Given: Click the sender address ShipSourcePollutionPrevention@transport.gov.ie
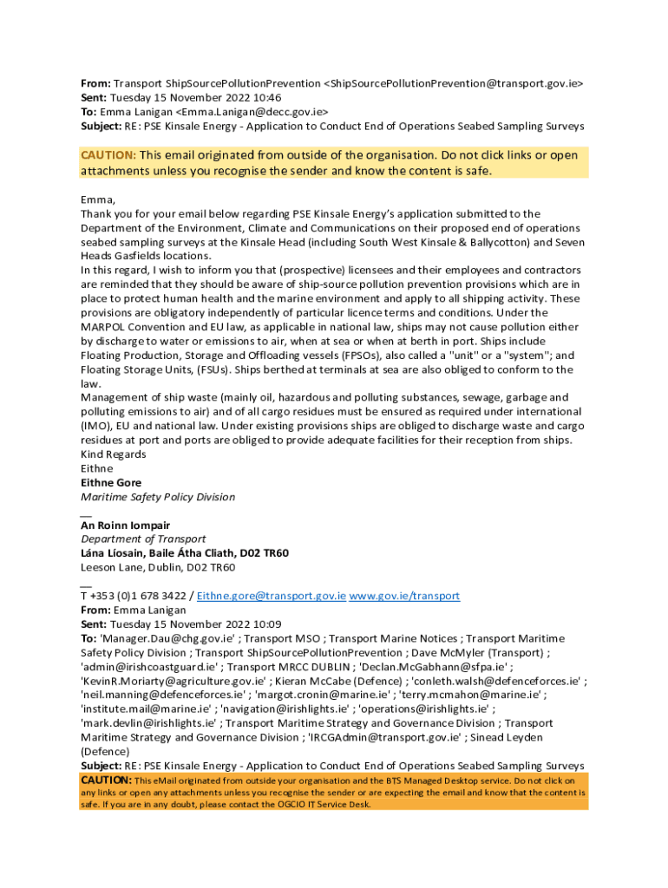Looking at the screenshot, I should click(x=453, y=84).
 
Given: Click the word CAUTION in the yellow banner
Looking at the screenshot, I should click(x=108, y=155).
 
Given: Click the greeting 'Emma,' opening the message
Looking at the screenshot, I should click(x=97, y=199).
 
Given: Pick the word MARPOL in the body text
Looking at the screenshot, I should click(x=104, y=327).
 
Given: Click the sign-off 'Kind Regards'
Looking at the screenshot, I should click(x=114, y=454).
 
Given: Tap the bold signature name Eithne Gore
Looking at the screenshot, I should click(x=111, y=483).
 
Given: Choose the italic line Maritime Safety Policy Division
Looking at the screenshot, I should click(x=158, y=497).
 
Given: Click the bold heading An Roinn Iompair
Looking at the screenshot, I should click(x=125, y=526).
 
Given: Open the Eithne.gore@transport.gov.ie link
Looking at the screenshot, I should click(x=272, y=597).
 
